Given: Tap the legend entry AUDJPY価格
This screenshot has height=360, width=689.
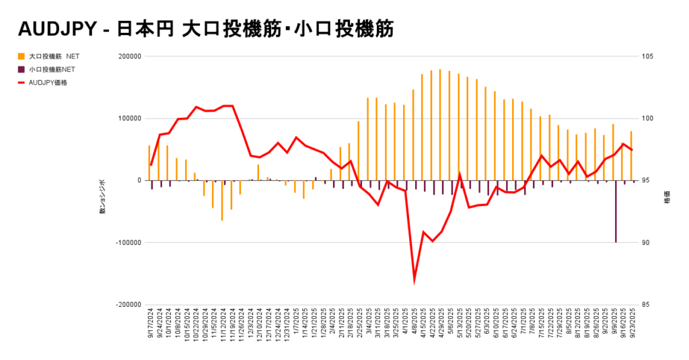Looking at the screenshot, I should pos(48,83).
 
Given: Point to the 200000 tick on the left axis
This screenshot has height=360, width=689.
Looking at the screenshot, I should pos(129,57).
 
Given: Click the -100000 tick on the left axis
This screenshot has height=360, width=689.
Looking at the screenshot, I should pos(127,242).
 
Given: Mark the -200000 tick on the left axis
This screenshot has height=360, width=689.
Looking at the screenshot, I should pos(127,304).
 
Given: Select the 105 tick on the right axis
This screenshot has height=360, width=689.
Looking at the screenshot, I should pos(649,57).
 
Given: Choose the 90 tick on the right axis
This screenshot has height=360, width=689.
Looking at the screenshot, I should pos(647,242).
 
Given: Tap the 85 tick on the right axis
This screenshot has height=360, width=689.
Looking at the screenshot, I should pos(647,304).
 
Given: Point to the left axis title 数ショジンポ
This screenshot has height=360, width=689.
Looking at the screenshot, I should pos(103,196).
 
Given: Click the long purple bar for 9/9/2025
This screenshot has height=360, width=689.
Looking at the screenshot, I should pos(616,211).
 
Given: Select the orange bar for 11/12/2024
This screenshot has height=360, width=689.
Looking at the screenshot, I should pos(222,201).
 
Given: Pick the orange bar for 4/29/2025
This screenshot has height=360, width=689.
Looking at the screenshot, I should pos(440,125).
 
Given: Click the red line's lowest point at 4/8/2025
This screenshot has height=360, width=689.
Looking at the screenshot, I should pos(414,280).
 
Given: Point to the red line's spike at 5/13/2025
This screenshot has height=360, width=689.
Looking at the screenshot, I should pos(460,174).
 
